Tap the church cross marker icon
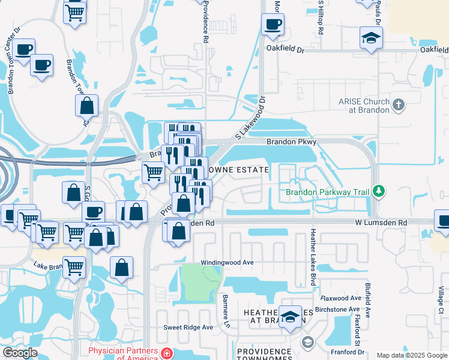click(397, 106)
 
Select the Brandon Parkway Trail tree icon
click(378, 192)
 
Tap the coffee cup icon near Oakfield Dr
click(273, 25)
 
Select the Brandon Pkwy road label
click(291, 142)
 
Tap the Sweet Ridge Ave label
click(188, 328)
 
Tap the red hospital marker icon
click(165, 354)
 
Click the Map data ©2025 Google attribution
click(411, 355)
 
